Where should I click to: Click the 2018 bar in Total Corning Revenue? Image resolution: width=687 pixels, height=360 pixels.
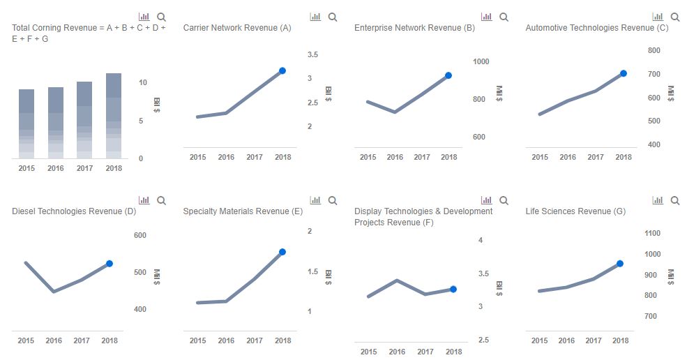click(114, 115)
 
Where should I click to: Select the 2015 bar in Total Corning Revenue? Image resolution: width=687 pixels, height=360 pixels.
click(27, 123)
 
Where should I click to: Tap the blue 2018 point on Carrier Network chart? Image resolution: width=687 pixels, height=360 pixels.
click(282, 70)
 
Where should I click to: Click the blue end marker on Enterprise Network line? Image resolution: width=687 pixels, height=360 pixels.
click(448, 75)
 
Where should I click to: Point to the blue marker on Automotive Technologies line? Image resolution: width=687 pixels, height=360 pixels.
click(624, 73)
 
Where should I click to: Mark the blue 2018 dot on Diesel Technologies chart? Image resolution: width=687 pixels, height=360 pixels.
click(110, 264)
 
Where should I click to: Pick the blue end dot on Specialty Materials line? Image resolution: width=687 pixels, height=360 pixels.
click(282, 252)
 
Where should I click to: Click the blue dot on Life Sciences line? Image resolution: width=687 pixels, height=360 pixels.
click(620, 264)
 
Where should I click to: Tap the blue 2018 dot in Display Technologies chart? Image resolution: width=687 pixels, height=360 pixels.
click(453, 289)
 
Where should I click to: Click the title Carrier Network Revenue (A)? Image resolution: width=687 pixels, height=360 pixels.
click(237, 28)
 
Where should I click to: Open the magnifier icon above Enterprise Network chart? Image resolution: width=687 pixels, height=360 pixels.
click(504, 17)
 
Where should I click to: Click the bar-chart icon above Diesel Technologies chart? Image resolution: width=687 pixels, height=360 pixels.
click(144, 200)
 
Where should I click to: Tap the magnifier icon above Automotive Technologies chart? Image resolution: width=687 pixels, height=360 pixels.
click(675, 17)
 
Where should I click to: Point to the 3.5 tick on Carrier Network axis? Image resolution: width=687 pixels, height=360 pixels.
click(313, 54)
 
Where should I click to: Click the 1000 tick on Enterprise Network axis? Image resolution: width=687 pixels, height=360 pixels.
click(481, 61)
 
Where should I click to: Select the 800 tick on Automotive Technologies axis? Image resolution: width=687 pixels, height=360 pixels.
click(654, 50)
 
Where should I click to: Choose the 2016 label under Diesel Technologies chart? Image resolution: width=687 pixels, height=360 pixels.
click(54, 340)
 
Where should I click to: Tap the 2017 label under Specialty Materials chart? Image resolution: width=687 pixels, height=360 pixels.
click(255, 340)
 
